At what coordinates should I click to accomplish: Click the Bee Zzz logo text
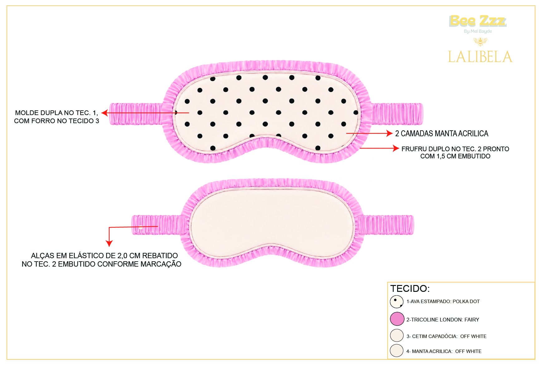tap(478, 21)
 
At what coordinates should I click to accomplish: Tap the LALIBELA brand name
tap(480, 57)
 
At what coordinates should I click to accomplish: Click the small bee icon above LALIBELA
tap(480, 41)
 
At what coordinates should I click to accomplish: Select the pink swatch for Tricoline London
tap(397, 319)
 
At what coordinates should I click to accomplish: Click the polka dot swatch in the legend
tap(397, 302)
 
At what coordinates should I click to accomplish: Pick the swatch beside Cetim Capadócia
tap(397, 336)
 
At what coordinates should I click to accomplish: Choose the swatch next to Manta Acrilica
tap(397, 350)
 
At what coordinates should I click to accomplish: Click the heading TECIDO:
tap(410, 288)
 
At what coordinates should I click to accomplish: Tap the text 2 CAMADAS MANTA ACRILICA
tap(442, 133)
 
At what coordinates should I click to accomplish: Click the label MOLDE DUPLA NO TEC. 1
tap(56, 113)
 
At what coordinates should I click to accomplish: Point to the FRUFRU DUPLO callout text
tap(455, 152)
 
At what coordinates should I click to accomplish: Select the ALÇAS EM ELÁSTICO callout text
tap(101, 260)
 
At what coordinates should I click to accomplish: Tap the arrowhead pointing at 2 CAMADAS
tap(389, 133)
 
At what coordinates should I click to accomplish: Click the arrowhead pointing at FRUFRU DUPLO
tap(396, 148)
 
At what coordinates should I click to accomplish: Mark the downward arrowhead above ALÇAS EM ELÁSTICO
tap(109, 243)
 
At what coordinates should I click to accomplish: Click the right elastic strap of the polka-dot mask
tap(397, 114)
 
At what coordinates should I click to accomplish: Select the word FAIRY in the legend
tap(472, 320)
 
